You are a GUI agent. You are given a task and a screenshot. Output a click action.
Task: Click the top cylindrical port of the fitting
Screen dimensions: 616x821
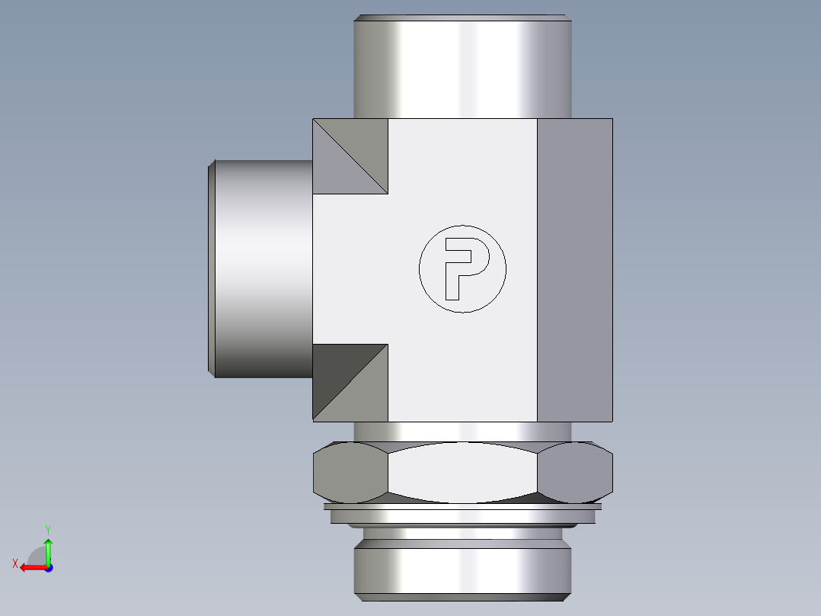(462, 69)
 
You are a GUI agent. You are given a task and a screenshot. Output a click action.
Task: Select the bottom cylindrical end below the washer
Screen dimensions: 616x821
(462, 568)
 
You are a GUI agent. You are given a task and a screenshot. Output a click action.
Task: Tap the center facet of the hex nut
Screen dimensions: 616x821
(462, 473)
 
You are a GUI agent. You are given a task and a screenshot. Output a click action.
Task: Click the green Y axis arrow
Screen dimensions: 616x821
(48, 547)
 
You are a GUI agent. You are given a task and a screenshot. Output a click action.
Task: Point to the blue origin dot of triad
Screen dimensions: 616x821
(48, 567)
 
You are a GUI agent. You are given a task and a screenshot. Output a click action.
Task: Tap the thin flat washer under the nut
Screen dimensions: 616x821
(462, 506)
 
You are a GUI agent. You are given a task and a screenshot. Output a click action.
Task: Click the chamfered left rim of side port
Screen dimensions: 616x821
(212, 268)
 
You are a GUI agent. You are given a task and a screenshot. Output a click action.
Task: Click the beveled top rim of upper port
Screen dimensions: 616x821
(462, 18)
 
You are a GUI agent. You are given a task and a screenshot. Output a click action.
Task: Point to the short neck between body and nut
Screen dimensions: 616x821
(462, 432)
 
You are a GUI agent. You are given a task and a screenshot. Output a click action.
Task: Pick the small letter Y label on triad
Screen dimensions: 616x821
(47, 528)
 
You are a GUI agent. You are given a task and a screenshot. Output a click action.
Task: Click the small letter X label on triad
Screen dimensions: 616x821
(14, 563)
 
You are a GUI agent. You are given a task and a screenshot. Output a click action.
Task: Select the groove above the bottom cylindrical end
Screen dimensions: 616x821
(462, 533)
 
